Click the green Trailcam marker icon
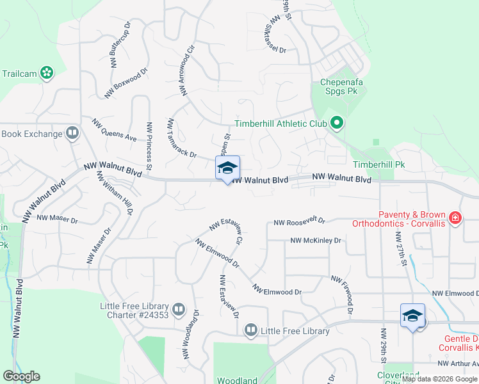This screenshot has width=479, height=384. coord(46,73)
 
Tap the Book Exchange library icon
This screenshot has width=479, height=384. coord(72,134)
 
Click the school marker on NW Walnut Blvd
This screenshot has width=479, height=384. coord(227,169)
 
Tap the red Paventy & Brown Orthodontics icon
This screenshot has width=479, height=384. coord(455,218)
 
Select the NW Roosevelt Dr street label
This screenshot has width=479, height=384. coord(299,222)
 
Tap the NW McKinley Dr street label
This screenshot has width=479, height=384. coord(316,241)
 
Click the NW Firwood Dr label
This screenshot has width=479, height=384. coord(343,295)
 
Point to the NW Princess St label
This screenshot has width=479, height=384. coord(149,146)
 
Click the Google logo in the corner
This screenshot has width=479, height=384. coord(20,376)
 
